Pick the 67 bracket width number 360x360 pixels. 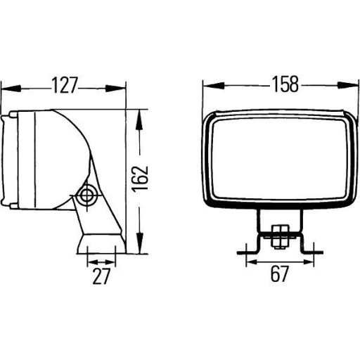click(x=279, y=275)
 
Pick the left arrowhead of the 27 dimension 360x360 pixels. click(x=91, y=260)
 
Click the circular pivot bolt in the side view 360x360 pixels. click(x=88, y=195)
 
